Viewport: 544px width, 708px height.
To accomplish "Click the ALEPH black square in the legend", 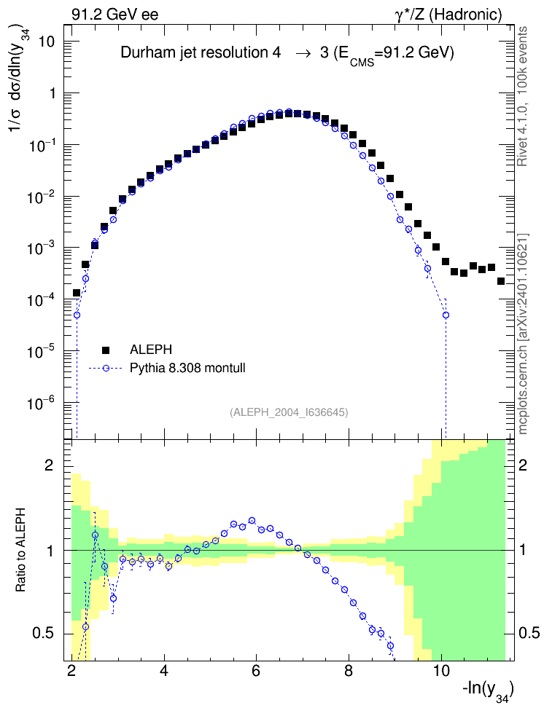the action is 106,350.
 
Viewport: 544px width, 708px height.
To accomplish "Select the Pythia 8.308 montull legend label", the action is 187,368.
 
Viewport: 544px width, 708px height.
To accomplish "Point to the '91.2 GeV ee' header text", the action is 115,15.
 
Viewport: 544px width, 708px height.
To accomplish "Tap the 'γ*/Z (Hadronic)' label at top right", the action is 448,15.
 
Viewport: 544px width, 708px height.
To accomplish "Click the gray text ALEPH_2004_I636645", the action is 289,412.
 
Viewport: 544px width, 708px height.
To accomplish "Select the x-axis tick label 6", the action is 256,671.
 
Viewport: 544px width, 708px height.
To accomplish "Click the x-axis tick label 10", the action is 441,671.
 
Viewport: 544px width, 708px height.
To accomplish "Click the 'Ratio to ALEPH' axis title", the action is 21,550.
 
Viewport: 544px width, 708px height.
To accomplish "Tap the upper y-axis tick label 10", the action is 46,42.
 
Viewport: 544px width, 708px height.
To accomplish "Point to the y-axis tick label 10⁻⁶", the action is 40,401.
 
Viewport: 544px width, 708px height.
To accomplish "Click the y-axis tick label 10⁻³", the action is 40,247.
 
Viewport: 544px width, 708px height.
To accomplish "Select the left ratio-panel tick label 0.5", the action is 44,633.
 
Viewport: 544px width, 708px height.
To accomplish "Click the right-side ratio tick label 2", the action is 523,465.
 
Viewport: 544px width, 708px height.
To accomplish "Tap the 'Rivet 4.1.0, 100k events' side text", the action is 522,96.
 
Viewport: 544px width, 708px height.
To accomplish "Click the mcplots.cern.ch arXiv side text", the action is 523,334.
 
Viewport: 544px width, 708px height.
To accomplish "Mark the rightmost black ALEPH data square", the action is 500,281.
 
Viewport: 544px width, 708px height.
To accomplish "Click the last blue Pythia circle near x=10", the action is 446,315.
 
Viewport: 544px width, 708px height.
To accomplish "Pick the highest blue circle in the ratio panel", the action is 252,521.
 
